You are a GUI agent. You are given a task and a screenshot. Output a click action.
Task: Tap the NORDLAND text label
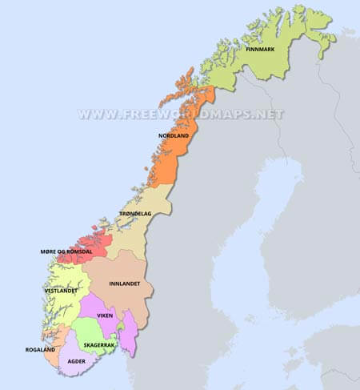coord(174,136)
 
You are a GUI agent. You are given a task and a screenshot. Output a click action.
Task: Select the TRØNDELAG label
coord(135,214)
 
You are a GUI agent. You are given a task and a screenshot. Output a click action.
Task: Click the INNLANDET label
coord(129,283)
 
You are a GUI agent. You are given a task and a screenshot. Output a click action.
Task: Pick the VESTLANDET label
coord(60,291)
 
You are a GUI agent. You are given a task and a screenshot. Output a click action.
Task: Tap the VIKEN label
coord(106,316)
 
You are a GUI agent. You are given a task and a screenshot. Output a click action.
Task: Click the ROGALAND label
coord(39,349)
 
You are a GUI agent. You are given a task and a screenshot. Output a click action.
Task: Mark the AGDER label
coord(77,361)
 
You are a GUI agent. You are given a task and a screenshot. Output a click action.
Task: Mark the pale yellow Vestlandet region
coord(60,276)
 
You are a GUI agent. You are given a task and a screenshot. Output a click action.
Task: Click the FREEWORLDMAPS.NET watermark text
coord(181,114)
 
